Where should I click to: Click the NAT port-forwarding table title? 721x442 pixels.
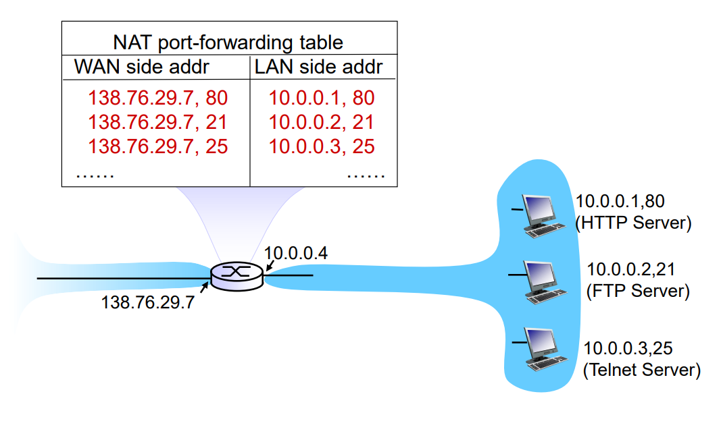coord(228,43)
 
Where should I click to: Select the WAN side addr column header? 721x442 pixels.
coord(141,67)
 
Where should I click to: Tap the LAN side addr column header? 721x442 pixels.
coord(319,67)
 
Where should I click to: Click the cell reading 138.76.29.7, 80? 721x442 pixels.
coord(157,99)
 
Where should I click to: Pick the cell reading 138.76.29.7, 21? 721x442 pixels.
coord(157,123)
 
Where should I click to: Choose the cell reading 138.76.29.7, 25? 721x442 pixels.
coord(157,146)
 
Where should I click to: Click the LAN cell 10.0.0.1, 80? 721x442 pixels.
coord(322,99)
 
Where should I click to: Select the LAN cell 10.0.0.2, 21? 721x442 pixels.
coord(322,123)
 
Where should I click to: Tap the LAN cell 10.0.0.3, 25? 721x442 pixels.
coord(322,146)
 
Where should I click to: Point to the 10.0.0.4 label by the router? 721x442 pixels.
coord(295,254)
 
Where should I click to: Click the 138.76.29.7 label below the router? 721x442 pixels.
coord(147,303)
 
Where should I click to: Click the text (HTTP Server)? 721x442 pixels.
coord(633,223)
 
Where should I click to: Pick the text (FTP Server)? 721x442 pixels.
coord(637,292)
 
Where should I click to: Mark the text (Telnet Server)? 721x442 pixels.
coord(641,370)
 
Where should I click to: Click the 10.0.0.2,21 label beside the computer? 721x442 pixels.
coord(630,270)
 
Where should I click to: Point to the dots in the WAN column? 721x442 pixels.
coord(95,175)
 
